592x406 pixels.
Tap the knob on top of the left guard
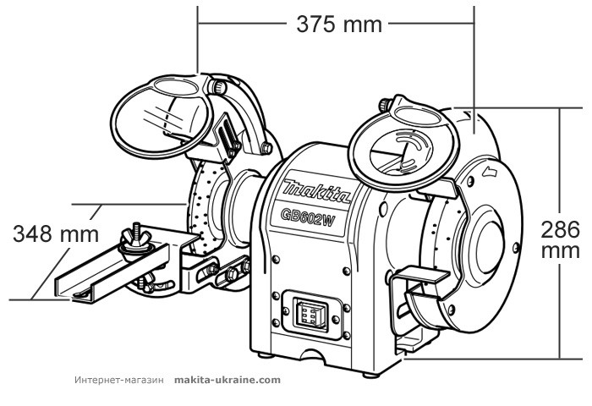(x=221, y=84)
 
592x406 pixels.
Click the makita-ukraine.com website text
(x=227, y=380)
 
